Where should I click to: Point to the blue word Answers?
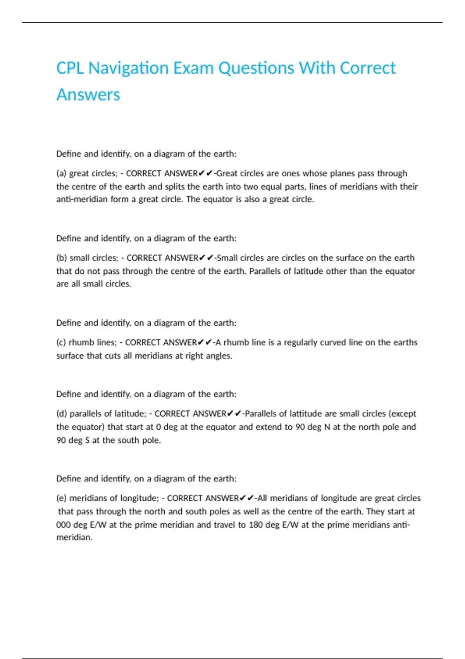click(88, 95)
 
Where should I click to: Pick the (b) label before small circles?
click(62, 258)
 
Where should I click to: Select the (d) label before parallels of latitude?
click(62, 414)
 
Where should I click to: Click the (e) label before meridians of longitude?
click(61, 498)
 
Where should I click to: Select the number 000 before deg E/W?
click(63, 524)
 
